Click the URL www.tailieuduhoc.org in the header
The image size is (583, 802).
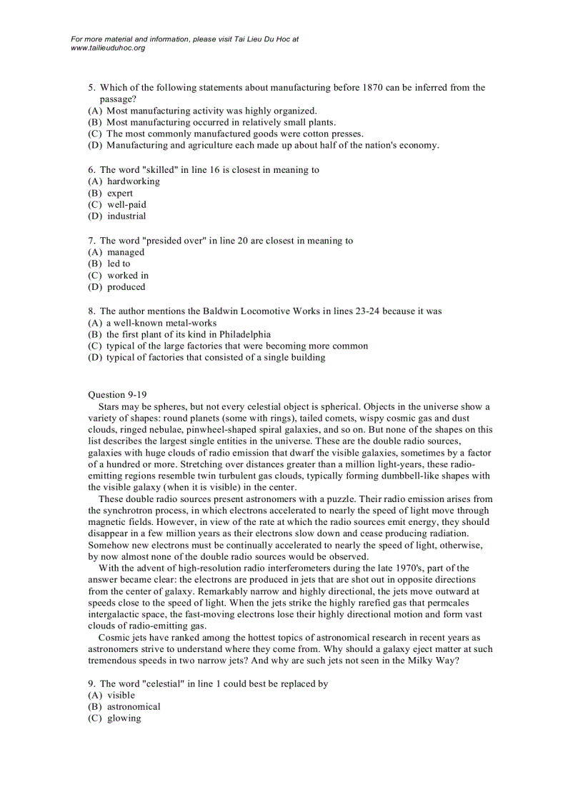[x=108, y=48]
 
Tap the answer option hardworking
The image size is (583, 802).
[x=134, y=181]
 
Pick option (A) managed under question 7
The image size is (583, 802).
[x=126, y=252]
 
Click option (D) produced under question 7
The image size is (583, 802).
[x=126, y=287]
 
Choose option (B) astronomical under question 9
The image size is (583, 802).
[x=134, y=707]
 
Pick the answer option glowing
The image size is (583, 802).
[x=124, y=718]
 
